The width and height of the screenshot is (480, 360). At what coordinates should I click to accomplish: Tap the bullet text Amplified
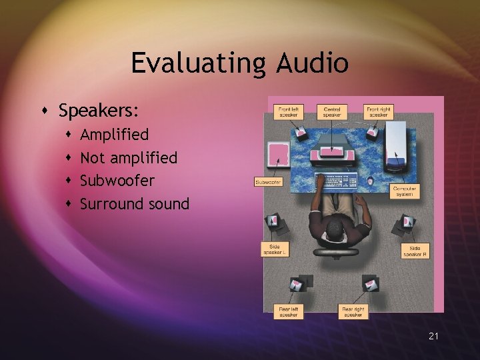click(114, 135)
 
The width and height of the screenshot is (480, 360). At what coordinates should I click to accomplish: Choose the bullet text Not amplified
click(129, 158)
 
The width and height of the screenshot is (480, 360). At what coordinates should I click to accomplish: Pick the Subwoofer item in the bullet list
click(117, 181)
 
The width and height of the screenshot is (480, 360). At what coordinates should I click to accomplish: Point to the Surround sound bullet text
click(135, 204)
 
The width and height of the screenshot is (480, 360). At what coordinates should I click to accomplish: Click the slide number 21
click(433, 337)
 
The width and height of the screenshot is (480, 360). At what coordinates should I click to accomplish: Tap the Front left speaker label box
click(289, 111)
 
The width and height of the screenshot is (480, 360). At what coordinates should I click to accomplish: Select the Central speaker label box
click(332, 111)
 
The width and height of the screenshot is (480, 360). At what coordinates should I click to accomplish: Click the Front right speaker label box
click(378, 111)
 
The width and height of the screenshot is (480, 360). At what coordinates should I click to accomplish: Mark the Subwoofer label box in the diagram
click(269, 181)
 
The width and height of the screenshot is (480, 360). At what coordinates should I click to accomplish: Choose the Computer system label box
click(405, 191)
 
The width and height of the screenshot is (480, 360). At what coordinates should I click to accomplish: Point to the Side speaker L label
click(275, 249)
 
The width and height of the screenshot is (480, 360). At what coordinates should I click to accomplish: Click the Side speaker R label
click(415, 251)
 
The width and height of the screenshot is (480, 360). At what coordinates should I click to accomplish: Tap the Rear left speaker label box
click(289, 311)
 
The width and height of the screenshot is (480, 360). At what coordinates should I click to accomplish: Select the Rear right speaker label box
click(353, 311)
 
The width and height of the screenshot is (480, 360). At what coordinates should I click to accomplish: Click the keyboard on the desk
click(338, 181)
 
